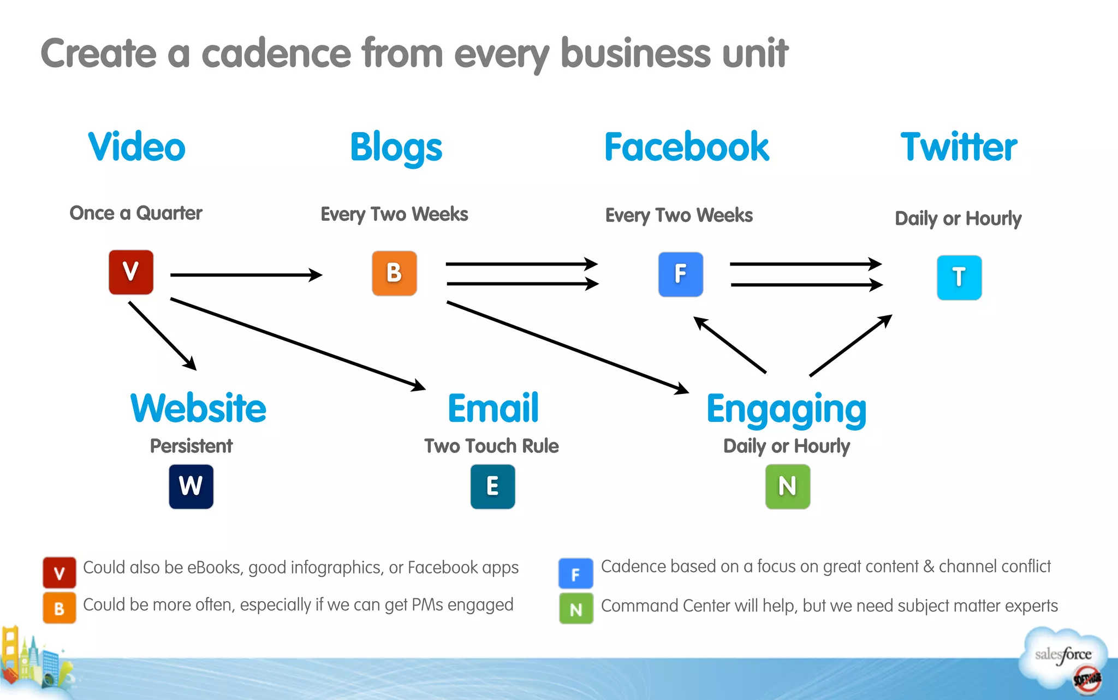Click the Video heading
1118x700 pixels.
coord(136,147)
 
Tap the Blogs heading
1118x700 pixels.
coord(396,148)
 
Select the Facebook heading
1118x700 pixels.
coord(686,147)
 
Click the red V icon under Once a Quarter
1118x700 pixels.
coord(131,272)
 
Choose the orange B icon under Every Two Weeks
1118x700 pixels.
coord(394,273)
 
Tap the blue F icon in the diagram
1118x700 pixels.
coord(680,274)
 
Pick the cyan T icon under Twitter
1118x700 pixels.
coord(959,278)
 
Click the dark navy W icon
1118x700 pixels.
coord(191,486)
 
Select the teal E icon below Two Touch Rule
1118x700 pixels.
coord(492,486)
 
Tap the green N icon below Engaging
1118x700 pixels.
coord(787,486)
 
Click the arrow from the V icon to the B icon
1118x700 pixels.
coord(246,275)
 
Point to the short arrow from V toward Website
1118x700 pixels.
coord(162,336)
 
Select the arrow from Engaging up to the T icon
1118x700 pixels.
coord(851,345)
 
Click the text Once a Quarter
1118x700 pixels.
coord(136,213)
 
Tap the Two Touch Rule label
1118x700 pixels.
coord(491,446)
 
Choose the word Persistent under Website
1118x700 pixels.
coord(191,446)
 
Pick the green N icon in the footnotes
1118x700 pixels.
coord(576,609)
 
